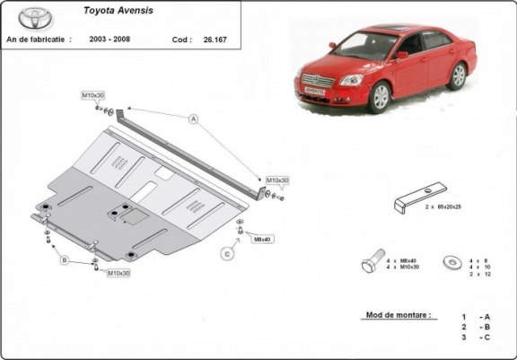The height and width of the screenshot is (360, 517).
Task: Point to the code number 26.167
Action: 215,40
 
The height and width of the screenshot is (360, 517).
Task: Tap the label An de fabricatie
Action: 37,40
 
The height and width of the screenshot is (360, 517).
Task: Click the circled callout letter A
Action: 192,119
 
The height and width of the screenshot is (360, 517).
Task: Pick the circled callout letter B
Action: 65,261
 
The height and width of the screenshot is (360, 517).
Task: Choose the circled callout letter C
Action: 227,254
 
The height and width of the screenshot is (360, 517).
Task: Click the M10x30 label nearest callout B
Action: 119,272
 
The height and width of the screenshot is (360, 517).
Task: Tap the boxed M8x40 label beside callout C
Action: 261,239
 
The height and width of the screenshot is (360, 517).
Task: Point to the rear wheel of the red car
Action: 459,75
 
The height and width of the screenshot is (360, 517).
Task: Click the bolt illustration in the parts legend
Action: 370,264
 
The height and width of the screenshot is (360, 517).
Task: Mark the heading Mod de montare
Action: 398,316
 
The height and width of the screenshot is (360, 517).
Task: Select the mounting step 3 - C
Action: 476,337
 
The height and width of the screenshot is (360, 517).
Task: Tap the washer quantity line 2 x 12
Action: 482,275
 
